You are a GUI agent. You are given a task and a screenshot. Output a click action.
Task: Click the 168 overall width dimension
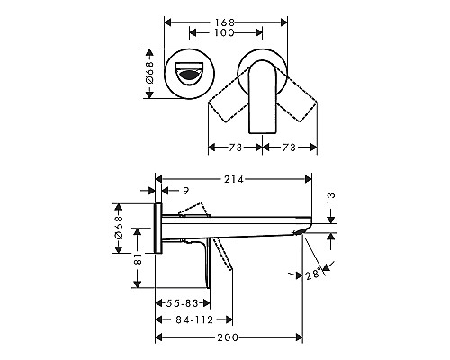[225, 15]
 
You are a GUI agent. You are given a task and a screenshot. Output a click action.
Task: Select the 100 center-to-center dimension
[225, 33]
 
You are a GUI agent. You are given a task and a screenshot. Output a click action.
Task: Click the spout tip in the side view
[301, 231]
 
